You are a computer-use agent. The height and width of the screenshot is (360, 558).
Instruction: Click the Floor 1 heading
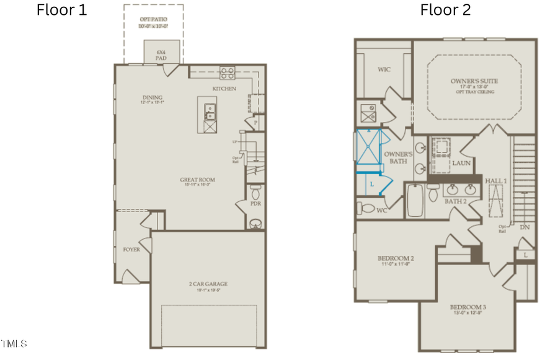point(62,10)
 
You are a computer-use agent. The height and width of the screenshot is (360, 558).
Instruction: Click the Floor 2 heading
point(445,10)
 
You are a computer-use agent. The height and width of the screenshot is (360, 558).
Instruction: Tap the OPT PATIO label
point(153,19)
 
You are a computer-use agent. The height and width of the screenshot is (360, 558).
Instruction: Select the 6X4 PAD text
point(162,55)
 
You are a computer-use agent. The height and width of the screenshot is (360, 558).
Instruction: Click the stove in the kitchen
point(228,73)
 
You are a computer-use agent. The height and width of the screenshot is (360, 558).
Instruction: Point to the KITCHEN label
point(224,89)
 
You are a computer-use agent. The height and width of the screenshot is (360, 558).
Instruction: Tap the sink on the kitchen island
point(210,112)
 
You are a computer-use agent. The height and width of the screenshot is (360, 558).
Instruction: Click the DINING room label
point(152,97)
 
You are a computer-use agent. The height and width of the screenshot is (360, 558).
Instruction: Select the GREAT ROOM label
point(197,180)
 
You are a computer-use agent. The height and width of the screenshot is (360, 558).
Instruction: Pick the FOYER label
point(131,250)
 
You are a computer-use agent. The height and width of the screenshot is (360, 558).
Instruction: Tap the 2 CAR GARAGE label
point(208,284)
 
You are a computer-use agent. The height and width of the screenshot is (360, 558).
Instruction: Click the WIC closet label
point(384,69)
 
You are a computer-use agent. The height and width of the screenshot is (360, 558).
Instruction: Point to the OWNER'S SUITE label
point(474,81)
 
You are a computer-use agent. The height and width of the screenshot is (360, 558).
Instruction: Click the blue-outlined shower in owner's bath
point(370,149)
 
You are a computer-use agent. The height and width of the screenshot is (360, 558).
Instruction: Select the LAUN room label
point(461,164)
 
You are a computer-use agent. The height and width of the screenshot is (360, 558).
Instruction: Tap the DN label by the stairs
point(525,227)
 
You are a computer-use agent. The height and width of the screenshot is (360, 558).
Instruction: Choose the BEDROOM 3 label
point(468,307)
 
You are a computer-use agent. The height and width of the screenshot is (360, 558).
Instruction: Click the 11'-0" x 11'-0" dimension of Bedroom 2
point(396,264)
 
